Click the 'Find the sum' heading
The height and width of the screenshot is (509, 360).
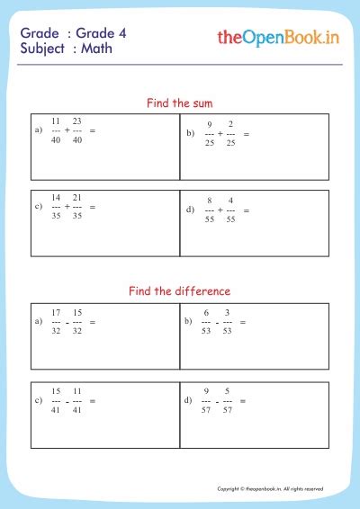pos(179,103)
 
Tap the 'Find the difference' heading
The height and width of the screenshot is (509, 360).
pos(179,290)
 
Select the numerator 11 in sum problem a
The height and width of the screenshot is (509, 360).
pos(56,121)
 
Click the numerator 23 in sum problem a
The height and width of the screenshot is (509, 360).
pos(77,121)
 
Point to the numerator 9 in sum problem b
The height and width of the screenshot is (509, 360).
pos(210,124)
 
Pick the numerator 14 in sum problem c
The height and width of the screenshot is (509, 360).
pos(56,196)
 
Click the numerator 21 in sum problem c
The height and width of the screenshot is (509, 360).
pos(77,196)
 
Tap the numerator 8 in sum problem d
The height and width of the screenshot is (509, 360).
pos(210,200)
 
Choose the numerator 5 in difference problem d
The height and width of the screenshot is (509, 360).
pos(228,389)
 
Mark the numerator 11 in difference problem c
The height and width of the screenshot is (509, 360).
pos(77,389)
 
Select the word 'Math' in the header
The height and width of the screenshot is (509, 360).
pos(96,49)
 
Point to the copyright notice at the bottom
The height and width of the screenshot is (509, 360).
pos(270,488)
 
